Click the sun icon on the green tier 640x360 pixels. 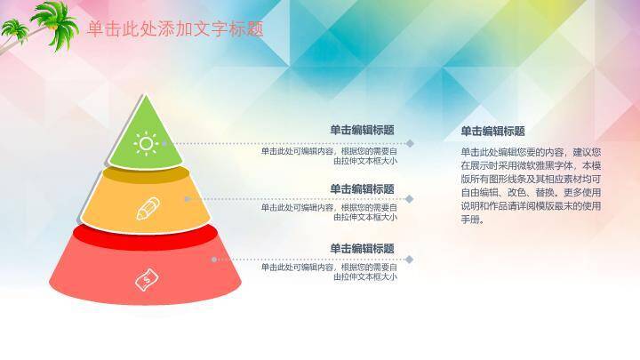click(146, 142)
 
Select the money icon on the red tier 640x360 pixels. click(146, 279)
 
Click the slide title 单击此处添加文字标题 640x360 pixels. click(175, 28)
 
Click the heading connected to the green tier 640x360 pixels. click(362, 130)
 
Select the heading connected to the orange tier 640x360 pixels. click(362, 189)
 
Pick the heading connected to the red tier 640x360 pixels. click(362, 249)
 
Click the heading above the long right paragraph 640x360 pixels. click(492, 131)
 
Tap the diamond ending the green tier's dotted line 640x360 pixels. click(410, 142)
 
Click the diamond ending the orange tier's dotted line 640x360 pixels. click(410, 199)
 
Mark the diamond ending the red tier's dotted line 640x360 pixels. click(410, 260)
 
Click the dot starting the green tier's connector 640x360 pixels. click(166, 142)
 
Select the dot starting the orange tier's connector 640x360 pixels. click(187, 199)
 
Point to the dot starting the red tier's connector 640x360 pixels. click(213, 260)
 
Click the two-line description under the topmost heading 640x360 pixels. click(329, 156)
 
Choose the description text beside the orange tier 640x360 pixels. click(329, 212)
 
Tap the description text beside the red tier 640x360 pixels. click(329, 272)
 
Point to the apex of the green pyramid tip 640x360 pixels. click(145, 95)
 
